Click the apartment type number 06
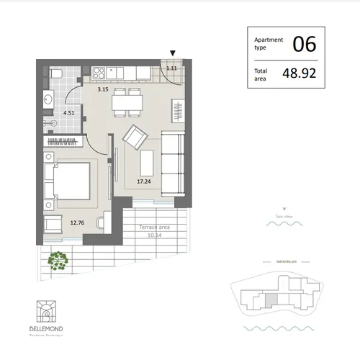click(x=304, y=44)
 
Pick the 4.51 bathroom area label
click(x=69, y=112)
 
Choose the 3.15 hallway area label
click(x=104, y=90)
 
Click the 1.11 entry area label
click(x=171, y=68)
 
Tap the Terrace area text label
click(x=153, y=227)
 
